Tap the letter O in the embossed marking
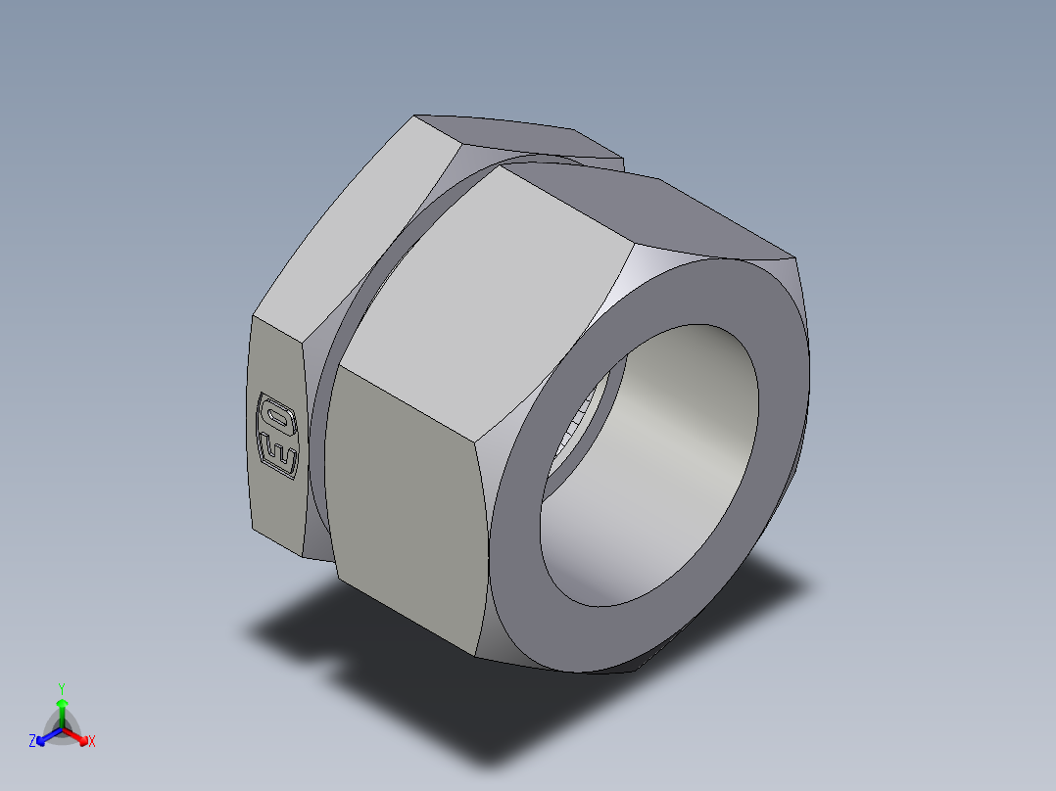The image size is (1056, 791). pyautogui.click(x=275, y=416)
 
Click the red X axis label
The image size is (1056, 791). pyautogui.click(x=92, y=742)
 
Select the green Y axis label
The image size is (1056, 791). pyautogui.click(x=62, y=688)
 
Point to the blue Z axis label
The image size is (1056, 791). pyautogui.click(x=32, y=742)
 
